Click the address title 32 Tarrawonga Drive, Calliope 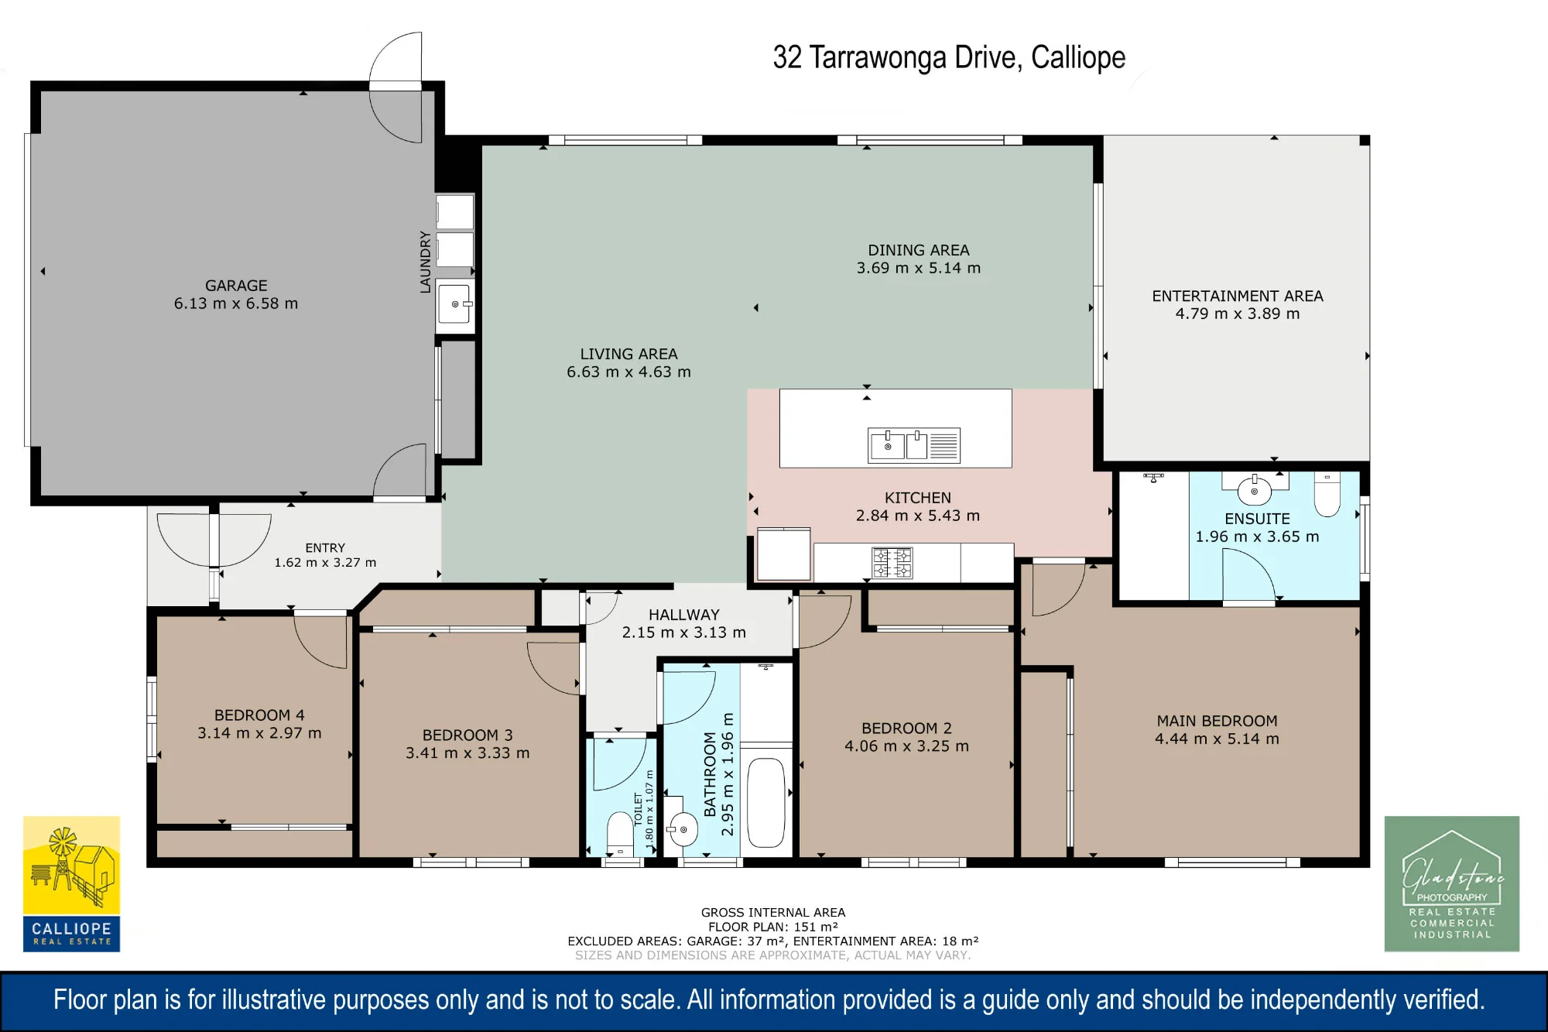(x=949, y=58)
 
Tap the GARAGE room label (x=236, y=286)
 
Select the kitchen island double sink (x=914, y=445)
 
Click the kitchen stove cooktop (x=892, y=563)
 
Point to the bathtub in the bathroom (x=766, y=802)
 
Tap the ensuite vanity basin (x=1255, y=490)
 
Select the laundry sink (x=455, y=304)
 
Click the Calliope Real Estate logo (x=71, y=883)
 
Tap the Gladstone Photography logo (x=1452, y=883)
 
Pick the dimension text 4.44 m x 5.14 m (x=1217, y=739)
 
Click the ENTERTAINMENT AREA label (x=1238, y=296)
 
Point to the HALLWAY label (x=684, y=615)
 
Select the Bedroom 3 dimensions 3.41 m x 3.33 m (x=467, y=753)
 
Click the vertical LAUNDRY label (x=425, y=262)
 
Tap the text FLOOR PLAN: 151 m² (x=773, y=927)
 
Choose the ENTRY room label (x=325, y=547)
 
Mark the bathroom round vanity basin (x=683, y=830)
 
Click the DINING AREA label (x=919, y=250)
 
